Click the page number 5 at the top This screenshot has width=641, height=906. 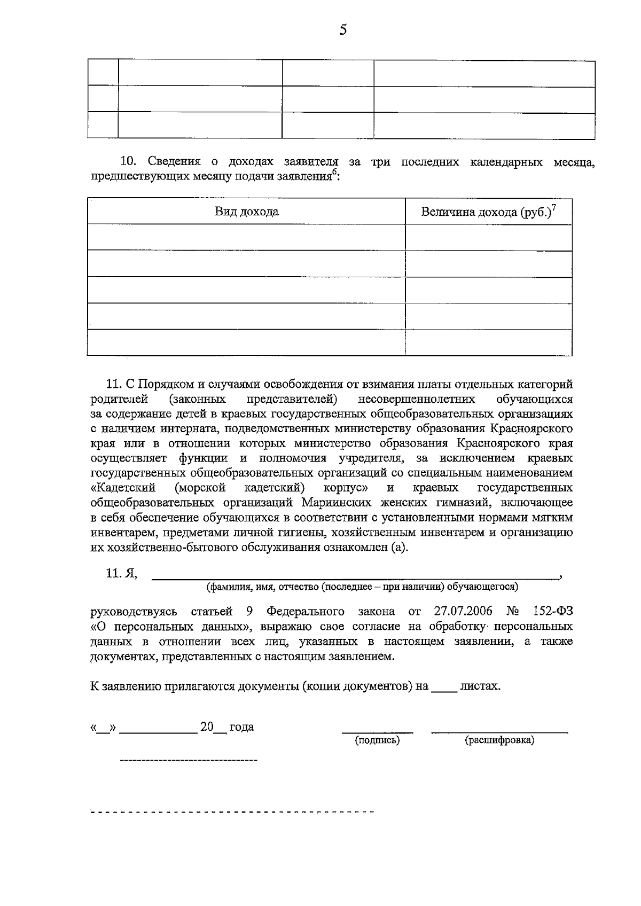pos(343,30)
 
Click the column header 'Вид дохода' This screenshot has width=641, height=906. pos(246,212)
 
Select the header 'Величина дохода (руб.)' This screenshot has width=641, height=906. pos(486,213)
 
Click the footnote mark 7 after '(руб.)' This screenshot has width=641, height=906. pos(554,207)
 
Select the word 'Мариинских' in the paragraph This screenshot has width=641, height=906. pos(336,503)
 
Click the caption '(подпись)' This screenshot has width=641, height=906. pos(377,740)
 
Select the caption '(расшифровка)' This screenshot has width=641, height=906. pos(499,740)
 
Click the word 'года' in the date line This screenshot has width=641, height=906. pos(241,727)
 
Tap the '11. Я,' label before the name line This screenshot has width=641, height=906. pos(122,573)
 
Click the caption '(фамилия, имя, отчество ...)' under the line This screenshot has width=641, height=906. pos(362,587)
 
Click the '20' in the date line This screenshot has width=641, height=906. pos(207,727)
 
